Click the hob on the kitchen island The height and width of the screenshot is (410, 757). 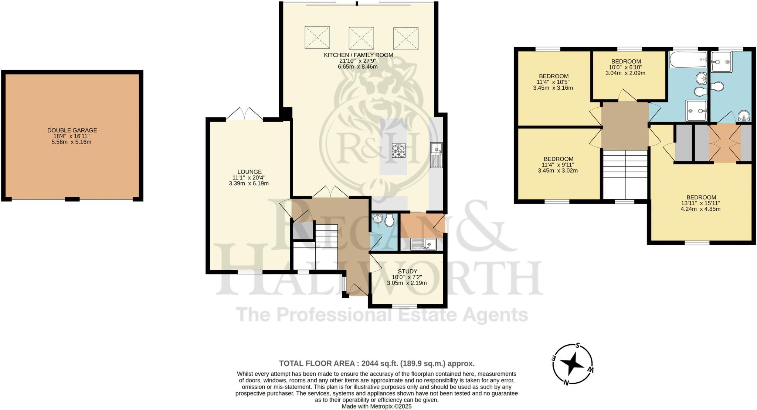(398, 151)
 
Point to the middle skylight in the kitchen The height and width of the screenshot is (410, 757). (361, 38)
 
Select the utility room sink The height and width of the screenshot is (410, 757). (430, 244)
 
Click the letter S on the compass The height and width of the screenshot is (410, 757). (577, 346)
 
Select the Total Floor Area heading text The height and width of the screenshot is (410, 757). (377, 363)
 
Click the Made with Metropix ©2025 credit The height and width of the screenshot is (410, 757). (376, 406)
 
